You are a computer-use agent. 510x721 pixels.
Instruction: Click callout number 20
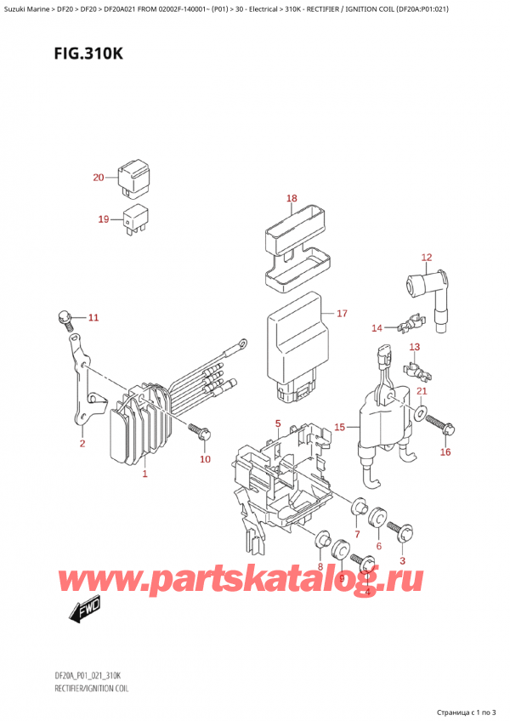98,178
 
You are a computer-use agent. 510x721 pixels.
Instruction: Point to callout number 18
292,199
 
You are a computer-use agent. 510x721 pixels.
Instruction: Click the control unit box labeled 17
293,344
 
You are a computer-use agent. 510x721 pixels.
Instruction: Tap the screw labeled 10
197,431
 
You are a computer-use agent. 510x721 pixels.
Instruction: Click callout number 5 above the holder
277,423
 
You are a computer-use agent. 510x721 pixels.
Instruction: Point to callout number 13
414,347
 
